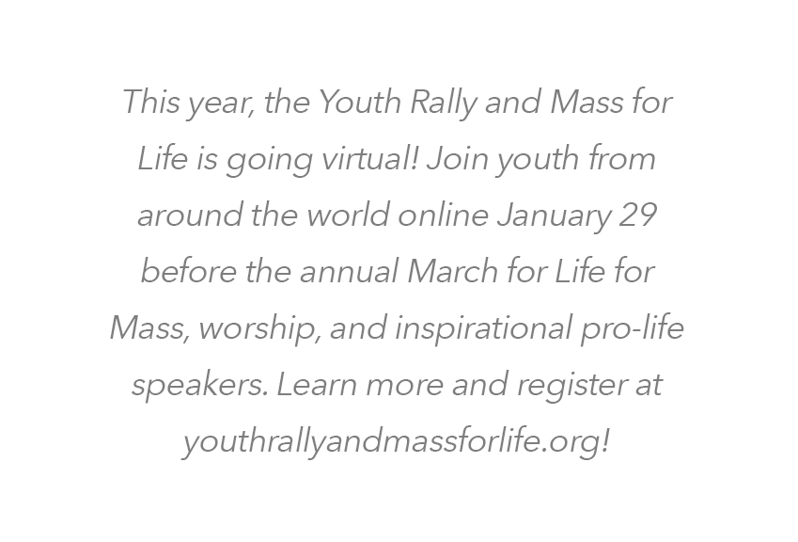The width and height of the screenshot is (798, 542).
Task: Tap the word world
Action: point(348,215)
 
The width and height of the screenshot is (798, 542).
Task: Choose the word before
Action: point(188,270)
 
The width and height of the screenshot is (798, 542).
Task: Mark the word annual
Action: point(349,270)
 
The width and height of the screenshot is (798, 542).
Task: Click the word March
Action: point(452,270)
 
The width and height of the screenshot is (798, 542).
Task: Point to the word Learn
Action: point(316,384)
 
